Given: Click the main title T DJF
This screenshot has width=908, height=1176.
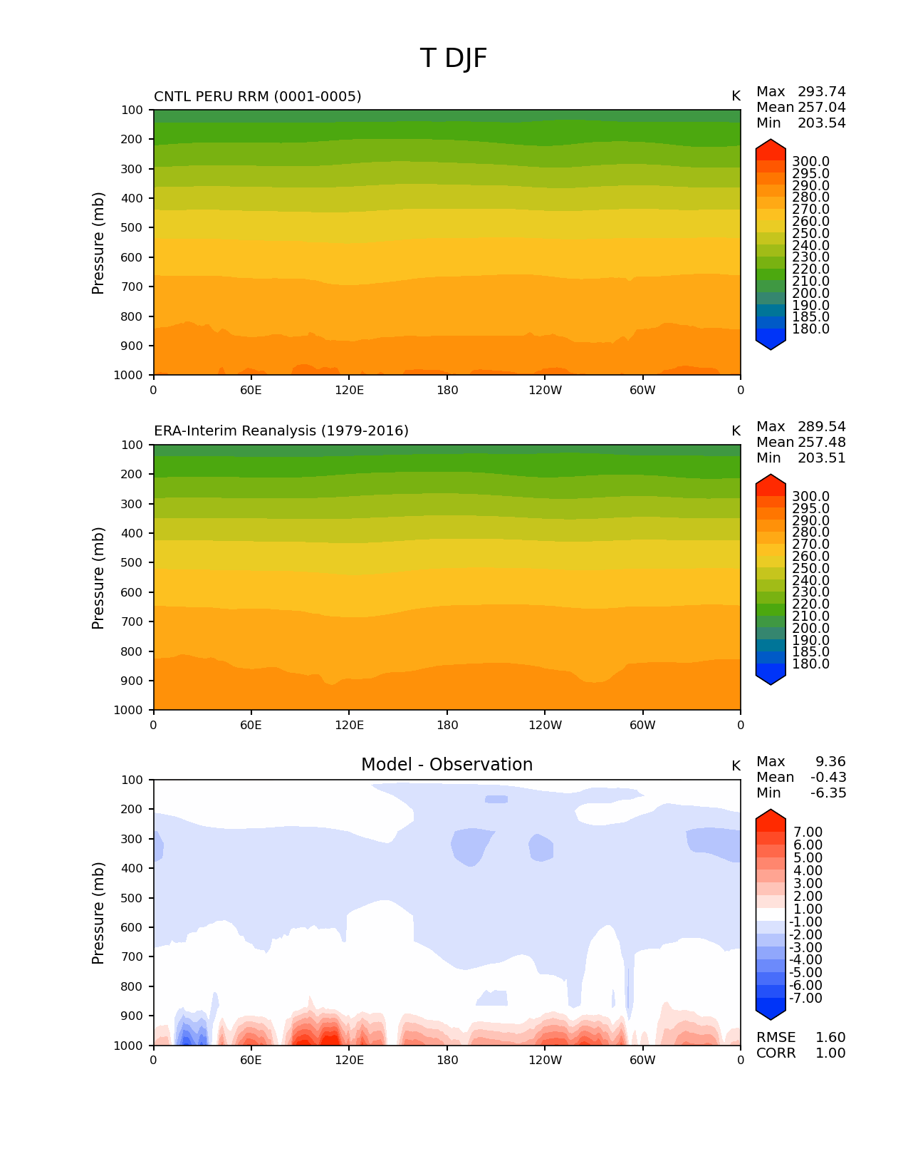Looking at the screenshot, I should [x=454, y=58].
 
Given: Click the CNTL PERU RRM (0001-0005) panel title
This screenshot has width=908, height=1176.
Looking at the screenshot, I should [x=257, y=96].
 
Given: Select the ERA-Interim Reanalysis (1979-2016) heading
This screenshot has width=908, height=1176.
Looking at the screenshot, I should [x=281, y=431].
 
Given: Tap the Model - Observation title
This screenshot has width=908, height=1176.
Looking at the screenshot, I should [x=447, y=765].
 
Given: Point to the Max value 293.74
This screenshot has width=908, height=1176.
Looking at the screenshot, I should [x=821, y=92].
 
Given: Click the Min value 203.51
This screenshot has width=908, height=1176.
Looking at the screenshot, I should [x=821, y=458].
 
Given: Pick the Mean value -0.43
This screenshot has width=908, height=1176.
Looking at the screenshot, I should [x=828, y=778].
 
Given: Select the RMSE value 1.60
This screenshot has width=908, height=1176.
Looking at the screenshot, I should [x=830, y=1038].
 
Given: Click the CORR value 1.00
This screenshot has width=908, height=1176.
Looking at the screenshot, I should [x=830, y=1053].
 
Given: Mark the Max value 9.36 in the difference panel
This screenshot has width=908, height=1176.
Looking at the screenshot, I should [x=830, y=762].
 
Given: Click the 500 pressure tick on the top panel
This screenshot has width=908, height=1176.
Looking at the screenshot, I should [x=132, y=228].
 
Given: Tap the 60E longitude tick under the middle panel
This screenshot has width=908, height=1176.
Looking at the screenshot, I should [x=251, y=726].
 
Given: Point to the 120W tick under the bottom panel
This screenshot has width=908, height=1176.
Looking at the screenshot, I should [x=545, y=1061].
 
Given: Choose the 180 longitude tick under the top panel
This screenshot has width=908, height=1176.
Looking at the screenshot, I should [x=447, y=391].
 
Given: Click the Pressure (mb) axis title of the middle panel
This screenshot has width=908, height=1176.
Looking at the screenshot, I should [x=98, y=578].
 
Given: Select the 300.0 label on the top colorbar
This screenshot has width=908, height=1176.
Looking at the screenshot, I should [x=810, y=162].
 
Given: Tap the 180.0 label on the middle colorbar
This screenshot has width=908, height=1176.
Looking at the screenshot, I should [x=810, y=664].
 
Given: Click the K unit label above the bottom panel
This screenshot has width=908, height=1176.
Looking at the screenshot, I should [x=736, y=766].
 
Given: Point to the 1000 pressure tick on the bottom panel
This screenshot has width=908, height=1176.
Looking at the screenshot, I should [x=129, y=1046].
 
